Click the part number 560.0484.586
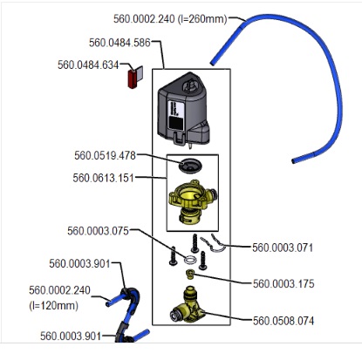[120, 43]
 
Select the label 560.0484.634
[88, 65]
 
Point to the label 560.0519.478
[105, 155]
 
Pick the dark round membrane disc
[190, 166]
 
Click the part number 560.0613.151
[104, 178]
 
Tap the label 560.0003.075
[98, 231]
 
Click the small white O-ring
[190, 260]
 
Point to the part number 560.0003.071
[283, 248]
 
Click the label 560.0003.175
[283, 283]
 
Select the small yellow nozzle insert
[190, 274]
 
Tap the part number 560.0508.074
[283, 321]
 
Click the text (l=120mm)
[53, 306]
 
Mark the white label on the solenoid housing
[175, 115]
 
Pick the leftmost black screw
[173, 256]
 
